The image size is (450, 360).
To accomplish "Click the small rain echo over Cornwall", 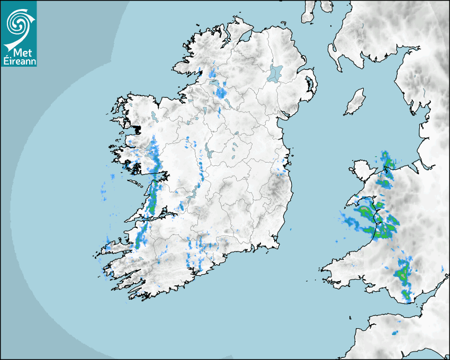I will pos(395,333).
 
